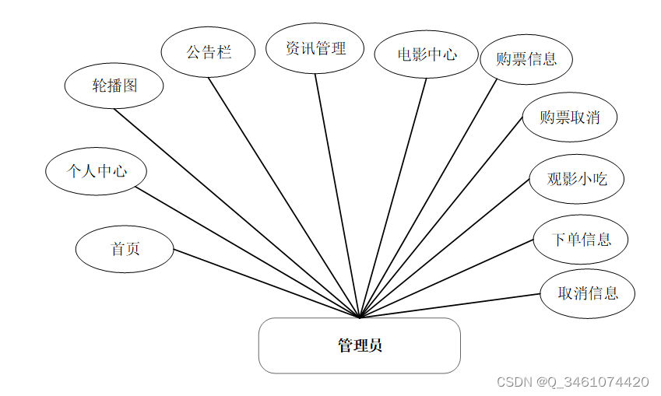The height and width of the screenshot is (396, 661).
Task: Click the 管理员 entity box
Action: click(x=359, y=345)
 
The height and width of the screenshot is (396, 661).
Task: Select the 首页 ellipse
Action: click(x=125, y=249)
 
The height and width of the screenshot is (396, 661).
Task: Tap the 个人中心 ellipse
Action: click(x=96, y=170)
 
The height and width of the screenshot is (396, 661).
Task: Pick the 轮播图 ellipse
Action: click(x=114, y=86)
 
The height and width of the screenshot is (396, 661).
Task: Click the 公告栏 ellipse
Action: click(x=208, y=53)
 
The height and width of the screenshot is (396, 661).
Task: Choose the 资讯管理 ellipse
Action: click(x=315, y=48)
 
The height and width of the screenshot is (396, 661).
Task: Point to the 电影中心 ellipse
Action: click(x=426, y=54)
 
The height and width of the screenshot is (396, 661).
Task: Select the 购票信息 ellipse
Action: click(x=526, y=58)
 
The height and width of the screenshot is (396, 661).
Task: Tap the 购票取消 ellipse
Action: click(x=570, y=117)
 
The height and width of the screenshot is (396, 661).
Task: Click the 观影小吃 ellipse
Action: click(x=576, y=179)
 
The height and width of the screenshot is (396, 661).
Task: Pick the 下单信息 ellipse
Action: click(x=581, y=239)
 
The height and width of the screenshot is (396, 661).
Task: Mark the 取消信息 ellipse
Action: click(x=588, y=293)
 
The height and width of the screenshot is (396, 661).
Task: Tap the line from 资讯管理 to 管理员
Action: click(x=337, y=194)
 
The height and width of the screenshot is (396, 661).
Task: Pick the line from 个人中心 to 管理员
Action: click(x=248, y=252)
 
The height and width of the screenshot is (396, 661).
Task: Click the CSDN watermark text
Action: click(x=572, y=382)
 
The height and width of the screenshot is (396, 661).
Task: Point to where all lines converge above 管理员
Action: click(x=360, y=317)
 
